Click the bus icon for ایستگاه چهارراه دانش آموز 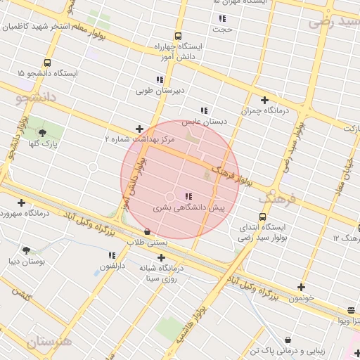coord(178,35)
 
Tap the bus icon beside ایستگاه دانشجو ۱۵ coord(47,62)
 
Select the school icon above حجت coord(222,18)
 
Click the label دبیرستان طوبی coord(160,91)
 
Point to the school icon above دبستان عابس coord(204,110)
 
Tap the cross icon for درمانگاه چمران coord(264,100)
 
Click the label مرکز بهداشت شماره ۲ coord(139,140)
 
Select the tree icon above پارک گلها coord(42,133)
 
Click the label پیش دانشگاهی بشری coord(188,208)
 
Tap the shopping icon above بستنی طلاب coord(146,231)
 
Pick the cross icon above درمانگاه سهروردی coord(22,202)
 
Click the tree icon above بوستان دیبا coord(27,250)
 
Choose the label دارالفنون coord(112,266)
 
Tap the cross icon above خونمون coord(301,287)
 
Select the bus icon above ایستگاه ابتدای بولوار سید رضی coord(262,217)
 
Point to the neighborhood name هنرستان coord(49,342)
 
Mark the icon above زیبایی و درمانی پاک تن coord(289,340)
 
